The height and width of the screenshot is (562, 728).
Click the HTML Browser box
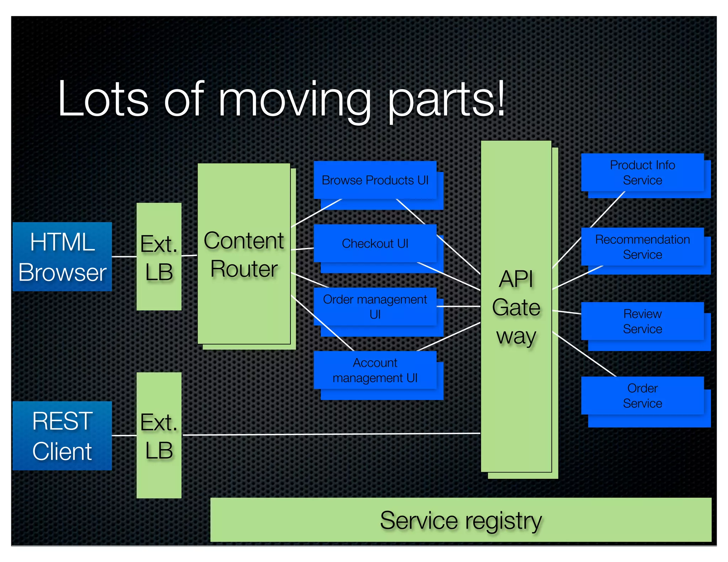[x=62, y=256]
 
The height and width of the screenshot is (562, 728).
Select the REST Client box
[x=62, y=436]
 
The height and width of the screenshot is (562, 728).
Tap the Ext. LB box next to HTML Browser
[x=159, y=256]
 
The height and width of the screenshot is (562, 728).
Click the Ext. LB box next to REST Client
[x=159, y=436]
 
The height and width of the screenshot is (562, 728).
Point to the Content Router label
[x=244, y=254]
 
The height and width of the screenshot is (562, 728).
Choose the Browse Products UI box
[x=375, y=180]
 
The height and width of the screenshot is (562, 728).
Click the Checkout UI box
[x=375, y=244]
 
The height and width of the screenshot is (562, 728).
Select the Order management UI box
[x=375, y=307]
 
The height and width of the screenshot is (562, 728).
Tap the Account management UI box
[x=375, y=370]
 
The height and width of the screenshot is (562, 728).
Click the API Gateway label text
[x=516, y=307]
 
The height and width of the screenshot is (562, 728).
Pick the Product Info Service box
[x=642, y=173]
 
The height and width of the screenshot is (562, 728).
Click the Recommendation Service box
[x=642, y=247]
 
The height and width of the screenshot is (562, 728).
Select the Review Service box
[x=642, y=321]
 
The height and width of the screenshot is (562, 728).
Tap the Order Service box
[x=642, y=395]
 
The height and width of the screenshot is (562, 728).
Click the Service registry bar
[x=461, y=520]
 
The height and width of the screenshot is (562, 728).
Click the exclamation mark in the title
[x=500, y=98]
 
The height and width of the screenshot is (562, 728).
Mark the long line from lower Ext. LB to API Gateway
[x=331, y=434]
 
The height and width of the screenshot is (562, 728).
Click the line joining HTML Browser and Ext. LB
[x=124, y=256]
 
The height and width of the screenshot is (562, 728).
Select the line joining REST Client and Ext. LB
[x=124, y=436]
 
